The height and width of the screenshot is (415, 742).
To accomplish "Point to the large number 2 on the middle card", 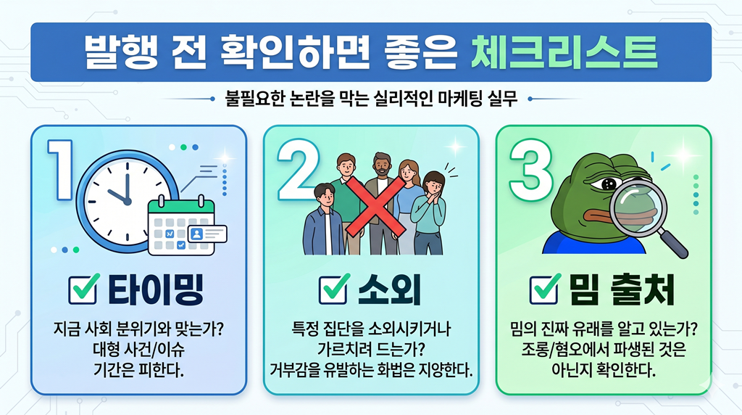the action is (x=297, y=170).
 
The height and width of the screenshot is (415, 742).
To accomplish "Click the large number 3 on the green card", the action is (x=530, y=170).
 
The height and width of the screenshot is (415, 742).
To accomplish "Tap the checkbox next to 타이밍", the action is (x=84, y=289).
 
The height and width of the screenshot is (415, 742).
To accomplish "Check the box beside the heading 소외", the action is (x=335, y=289).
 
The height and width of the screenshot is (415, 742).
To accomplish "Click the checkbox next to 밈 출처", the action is (x=545, y=289).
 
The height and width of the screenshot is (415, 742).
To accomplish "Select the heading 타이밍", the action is (x=156, y=289).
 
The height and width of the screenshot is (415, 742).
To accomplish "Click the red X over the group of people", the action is (x=375, y=206).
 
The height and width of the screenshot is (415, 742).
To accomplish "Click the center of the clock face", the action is (x=128, y=202).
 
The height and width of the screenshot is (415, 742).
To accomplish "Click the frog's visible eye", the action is (x=607, y=184).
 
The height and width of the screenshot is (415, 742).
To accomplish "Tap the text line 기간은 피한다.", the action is (x=138, y=370).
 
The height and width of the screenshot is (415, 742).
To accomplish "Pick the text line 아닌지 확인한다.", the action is (x=604, y=370).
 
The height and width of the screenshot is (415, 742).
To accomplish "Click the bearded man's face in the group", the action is (x=381, y=166).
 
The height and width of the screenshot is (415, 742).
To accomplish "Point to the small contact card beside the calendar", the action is (x=207, y=234).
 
